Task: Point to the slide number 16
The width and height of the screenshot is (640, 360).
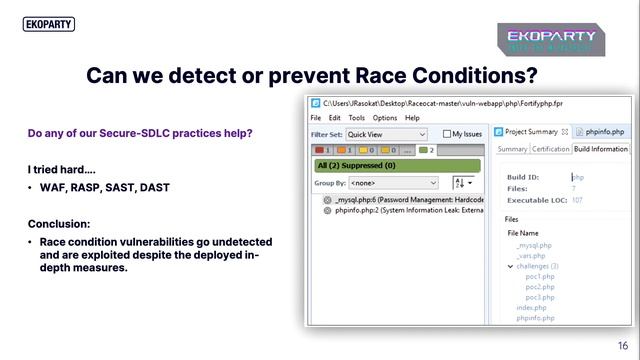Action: click(x=622, y=344)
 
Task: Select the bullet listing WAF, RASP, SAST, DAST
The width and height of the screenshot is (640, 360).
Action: click(x=104, y=187)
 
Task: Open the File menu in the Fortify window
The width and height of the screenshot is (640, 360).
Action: click(x=316, y=117)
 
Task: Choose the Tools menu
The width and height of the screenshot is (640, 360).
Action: click(x=357, y=117)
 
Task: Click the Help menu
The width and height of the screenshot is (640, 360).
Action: click(x=412, y=117)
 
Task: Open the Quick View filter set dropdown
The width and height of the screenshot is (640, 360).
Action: click(x=387, y=133)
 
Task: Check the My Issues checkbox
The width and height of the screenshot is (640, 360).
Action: click(x=446, y=133)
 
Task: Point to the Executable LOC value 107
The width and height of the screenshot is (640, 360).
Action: click(x=576, y=199)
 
